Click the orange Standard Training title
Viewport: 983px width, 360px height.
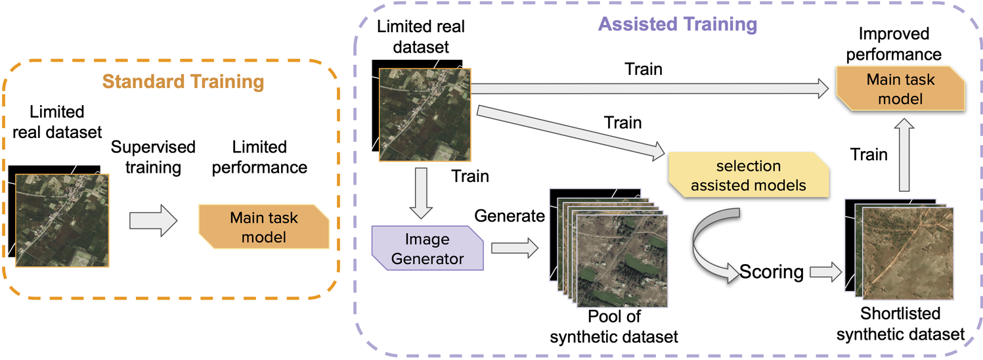(183, 82)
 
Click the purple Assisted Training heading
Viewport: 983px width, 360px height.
(677, 25)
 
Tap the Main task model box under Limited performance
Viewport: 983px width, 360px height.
(263, 227)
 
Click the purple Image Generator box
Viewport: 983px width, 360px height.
(427, 248)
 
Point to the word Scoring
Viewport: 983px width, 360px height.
(771, 271)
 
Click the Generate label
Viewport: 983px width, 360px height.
(510, 215)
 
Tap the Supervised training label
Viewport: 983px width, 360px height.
(153, 157)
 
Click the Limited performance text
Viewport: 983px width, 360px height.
(260, 157)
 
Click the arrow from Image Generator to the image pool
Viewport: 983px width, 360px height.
(514, 248)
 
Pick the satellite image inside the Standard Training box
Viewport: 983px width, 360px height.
(62, 219)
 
